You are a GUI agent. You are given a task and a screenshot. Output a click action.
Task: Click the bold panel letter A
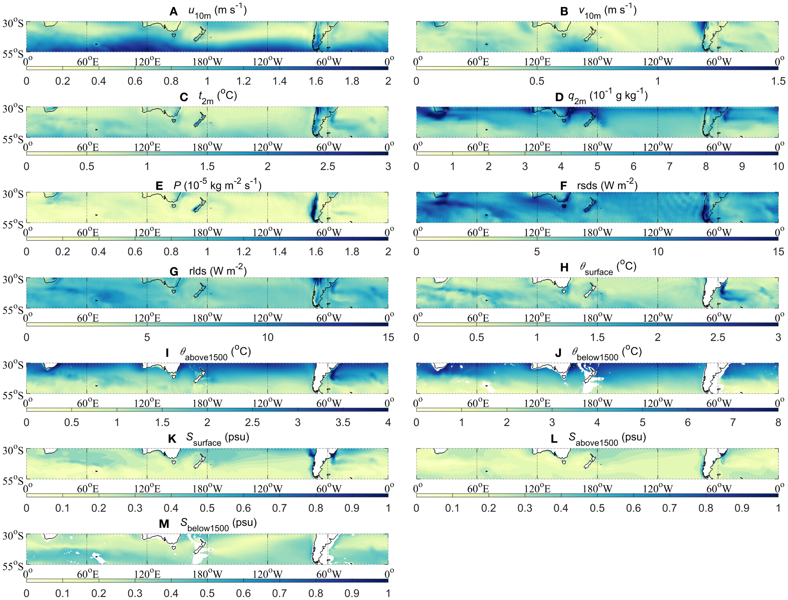(174, 12)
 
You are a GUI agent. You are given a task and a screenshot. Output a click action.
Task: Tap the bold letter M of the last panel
(164, 524)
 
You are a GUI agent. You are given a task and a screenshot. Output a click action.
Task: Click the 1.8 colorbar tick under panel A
(352, 81)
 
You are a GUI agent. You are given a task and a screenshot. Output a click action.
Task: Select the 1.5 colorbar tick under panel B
(778, 81)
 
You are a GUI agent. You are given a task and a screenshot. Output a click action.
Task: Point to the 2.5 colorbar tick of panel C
(327, 166)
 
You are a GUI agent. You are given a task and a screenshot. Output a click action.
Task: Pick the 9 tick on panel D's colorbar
(742, 166)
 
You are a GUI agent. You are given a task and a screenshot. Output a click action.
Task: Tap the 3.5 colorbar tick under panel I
(343, 423)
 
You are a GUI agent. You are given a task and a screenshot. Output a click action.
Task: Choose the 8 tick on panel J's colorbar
(778, 423)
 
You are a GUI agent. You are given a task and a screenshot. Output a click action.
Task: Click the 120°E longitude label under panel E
(148, 233)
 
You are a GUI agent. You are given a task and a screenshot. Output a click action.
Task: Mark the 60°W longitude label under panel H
(719, 318)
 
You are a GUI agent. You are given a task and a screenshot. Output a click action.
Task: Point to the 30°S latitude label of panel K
(13, 450)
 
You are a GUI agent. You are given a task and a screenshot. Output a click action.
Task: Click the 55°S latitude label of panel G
(13, 310)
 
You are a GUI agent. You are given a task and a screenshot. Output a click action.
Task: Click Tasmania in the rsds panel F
(564, 206)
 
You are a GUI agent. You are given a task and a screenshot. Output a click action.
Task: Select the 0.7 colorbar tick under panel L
(669, 508)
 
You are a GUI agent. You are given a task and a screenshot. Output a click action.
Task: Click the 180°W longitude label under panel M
(207, 574)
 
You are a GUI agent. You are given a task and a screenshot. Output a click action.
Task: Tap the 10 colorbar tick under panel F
(658, 252)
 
